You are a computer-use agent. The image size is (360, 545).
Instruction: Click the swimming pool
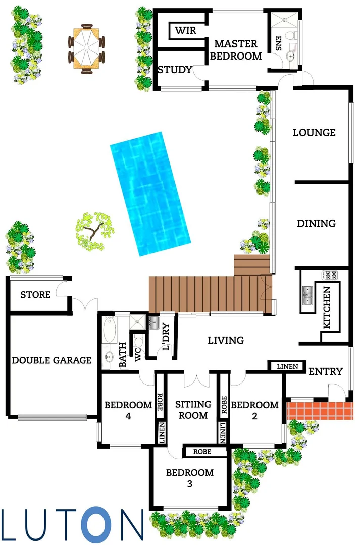click(x=150, y=194)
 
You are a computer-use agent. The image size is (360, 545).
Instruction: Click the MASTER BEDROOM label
click(x=236, y=49)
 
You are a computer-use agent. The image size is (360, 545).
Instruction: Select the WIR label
click(x=186, y=31)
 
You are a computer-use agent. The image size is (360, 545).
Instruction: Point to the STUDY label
click(x=175, y=70)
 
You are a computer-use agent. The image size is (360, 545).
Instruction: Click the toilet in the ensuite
click(x=291, y=35)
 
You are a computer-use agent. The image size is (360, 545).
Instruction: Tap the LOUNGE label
click(x=314, y=132)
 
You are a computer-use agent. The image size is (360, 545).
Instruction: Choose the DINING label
click(x=316, y=223)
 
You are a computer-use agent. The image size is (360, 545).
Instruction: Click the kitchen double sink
click(x=307, y=295)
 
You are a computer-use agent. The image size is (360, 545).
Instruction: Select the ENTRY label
click(x=326, y=371)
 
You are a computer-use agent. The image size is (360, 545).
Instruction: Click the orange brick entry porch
click(x=320, y=410)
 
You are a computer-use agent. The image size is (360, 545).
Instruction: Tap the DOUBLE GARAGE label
click(x=52, y=360)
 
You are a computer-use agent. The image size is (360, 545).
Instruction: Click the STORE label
click(x=35, y=295)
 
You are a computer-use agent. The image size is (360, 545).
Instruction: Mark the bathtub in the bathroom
click(x=110, y=330)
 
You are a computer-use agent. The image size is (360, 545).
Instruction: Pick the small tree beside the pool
click(x=94, y=231)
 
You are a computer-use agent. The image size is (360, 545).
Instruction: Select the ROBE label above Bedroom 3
click(x=202, y=452)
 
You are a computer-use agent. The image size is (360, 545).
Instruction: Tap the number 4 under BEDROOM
click(x=128, y=416)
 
